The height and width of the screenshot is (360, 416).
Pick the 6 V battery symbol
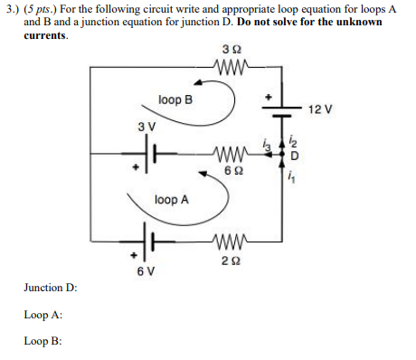151,242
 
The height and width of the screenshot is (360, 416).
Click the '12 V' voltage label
320,109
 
